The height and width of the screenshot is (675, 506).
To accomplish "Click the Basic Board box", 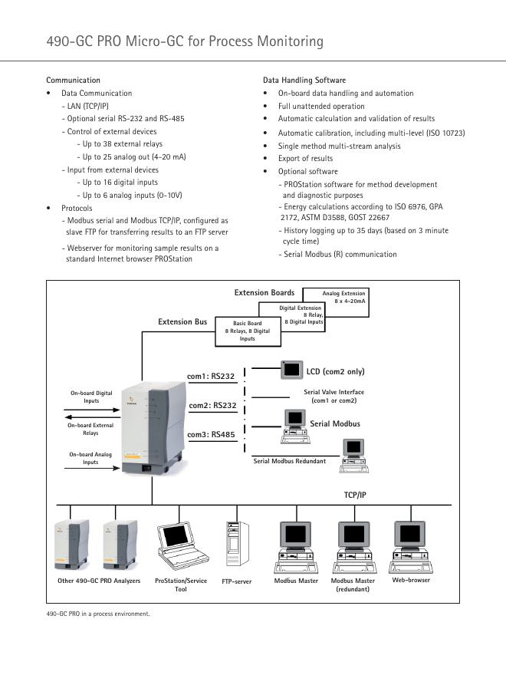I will pyautogui.click(x=242, y=331).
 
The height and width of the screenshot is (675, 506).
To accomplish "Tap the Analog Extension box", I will pyautogui.click(x=343, y=297).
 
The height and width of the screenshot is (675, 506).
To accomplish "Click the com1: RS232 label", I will pyautogui.click(x=211, y=376).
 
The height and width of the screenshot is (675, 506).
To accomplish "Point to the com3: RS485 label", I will pyautogui.click(x=212, y=434).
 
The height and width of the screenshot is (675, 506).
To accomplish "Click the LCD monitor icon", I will pyautogui.click(x=291, y=370).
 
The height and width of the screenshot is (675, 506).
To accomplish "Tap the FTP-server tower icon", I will pyautogui.click(x=235, y=545).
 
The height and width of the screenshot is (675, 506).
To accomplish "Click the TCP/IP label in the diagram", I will pyautogui.click(x=355, y=496).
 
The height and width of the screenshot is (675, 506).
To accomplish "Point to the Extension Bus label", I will pyautogui.click(x=182, y=322).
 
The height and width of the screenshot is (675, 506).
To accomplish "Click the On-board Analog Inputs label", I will pyautogui.click(x=91, y=458).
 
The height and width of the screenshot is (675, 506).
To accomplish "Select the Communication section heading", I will pyautogui.click(x=73, y=80).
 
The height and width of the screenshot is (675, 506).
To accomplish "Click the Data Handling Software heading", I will pyautogui.click(x=304, y=80).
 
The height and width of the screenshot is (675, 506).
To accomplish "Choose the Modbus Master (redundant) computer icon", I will pyautogui.click(x=353, y=546).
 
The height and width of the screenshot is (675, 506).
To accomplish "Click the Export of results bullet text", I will pyautogui.click(x=305, y=159).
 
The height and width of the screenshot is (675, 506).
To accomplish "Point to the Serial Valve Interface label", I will pyautogui.click(x=333, y=396).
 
